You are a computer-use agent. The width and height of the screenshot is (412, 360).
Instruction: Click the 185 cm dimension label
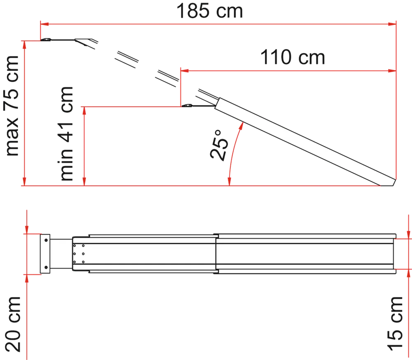[x=209, y=11]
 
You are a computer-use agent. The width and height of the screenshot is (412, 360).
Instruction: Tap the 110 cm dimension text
[x=293, y=57]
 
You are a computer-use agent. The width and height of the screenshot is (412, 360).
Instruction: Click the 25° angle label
[x=220, y=145]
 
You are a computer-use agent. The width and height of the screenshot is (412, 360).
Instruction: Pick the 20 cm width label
[x=13, y=324]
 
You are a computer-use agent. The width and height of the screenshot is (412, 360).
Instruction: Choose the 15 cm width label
[x=395, y=324]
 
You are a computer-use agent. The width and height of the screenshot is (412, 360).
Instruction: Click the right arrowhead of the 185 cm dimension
[x=392, y=24]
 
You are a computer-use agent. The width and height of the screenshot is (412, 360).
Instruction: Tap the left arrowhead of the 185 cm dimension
[x=44, y=24]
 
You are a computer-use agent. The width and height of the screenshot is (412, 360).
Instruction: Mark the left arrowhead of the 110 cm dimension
[x=185, y=71]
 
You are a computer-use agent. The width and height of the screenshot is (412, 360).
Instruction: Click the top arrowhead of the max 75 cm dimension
[x=24, y=45]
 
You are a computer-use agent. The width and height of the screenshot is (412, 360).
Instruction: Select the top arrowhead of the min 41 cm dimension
[x=84, y=111]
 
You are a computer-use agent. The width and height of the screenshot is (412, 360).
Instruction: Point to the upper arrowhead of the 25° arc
[x=241, y=126]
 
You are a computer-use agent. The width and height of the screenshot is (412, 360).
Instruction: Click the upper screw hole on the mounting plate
[x=46, y=240]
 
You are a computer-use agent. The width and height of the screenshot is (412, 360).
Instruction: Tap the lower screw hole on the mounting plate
[x=46, y=267]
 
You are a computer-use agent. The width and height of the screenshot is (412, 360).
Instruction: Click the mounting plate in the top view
[x=45, y=254]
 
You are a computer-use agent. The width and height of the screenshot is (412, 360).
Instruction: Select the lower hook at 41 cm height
[x=187, y=105]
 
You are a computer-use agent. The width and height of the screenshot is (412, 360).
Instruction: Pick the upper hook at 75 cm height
[x=46, y=40]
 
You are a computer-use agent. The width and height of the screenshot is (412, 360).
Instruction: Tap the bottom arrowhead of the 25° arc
[x=229, y=182]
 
